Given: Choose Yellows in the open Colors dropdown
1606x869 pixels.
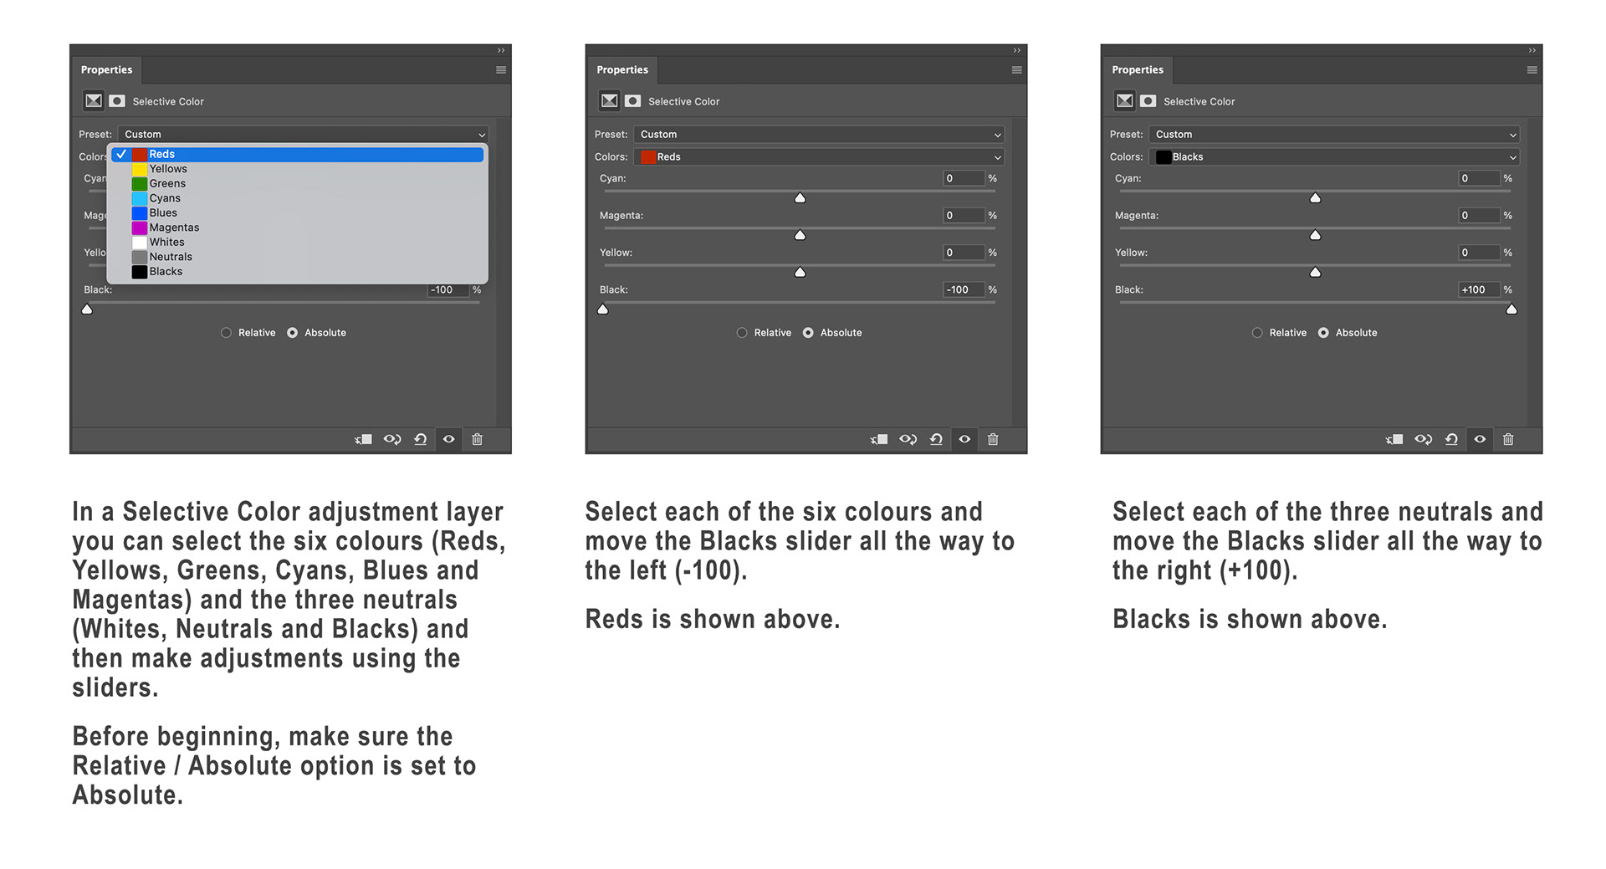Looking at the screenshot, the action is [168, 169].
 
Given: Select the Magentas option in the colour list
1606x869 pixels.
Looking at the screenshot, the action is [174, 227].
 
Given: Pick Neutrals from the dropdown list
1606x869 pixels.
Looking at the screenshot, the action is [171, 257].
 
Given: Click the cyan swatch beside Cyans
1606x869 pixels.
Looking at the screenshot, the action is [139, 198].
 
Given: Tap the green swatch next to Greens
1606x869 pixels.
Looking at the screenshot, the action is [139, 183].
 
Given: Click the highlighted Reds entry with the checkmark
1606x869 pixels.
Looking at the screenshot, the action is [297, 154].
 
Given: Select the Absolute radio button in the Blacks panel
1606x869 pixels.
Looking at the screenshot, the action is [1323, 333].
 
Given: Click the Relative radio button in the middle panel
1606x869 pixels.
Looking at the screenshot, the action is [742, 333].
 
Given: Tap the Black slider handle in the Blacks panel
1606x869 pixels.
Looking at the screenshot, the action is [1511, 309].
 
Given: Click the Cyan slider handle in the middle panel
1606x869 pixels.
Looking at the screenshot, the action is [800, 198].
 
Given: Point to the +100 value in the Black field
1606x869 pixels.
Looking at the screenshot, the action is [1474, 290].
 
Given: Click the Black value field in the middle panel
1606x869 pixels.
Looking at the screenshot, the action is [964, 290].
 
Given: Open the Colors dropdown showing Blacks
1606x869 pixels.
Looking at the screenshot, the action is [1334, 157].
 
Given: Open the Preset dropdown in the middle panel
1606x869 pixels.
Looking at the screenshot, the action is [819, 135].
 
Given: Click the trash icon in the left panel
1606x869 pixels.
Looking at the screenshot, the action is [477, 439].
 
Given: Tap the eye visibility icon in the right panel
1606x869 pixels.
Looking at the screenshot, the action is [1480, 439].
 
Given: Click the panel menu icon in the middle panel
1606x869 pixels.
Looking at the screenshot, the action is [1016, 70].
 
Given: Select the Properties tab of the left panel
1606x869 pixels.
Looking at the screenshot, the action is [107, 70].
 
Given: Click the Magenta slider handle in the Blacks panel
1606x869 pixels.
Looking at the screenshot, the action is [1315, 235].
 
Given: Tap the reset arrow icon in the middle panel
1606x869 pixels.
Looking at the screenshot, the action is [936, 439].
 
